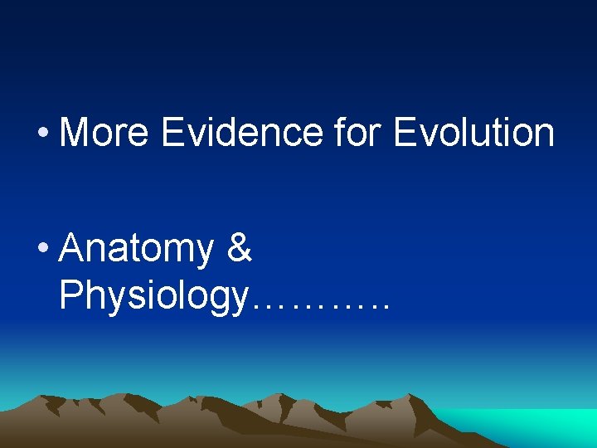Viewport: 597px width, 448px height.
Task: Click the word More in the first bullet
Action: pos(104,133)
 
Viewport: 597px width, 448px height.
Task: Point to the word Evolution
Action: pos(473,133)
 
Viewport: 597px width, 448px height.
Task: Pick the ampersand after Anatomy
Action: pos(239,249)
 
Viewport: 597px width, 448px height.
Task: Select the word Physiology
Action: pos(153,296)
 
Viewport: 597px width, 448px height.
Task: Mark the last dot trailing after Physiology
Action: pos(384,308)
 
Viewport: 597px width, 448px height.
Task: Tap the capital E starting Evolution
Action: pos(404,133)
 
